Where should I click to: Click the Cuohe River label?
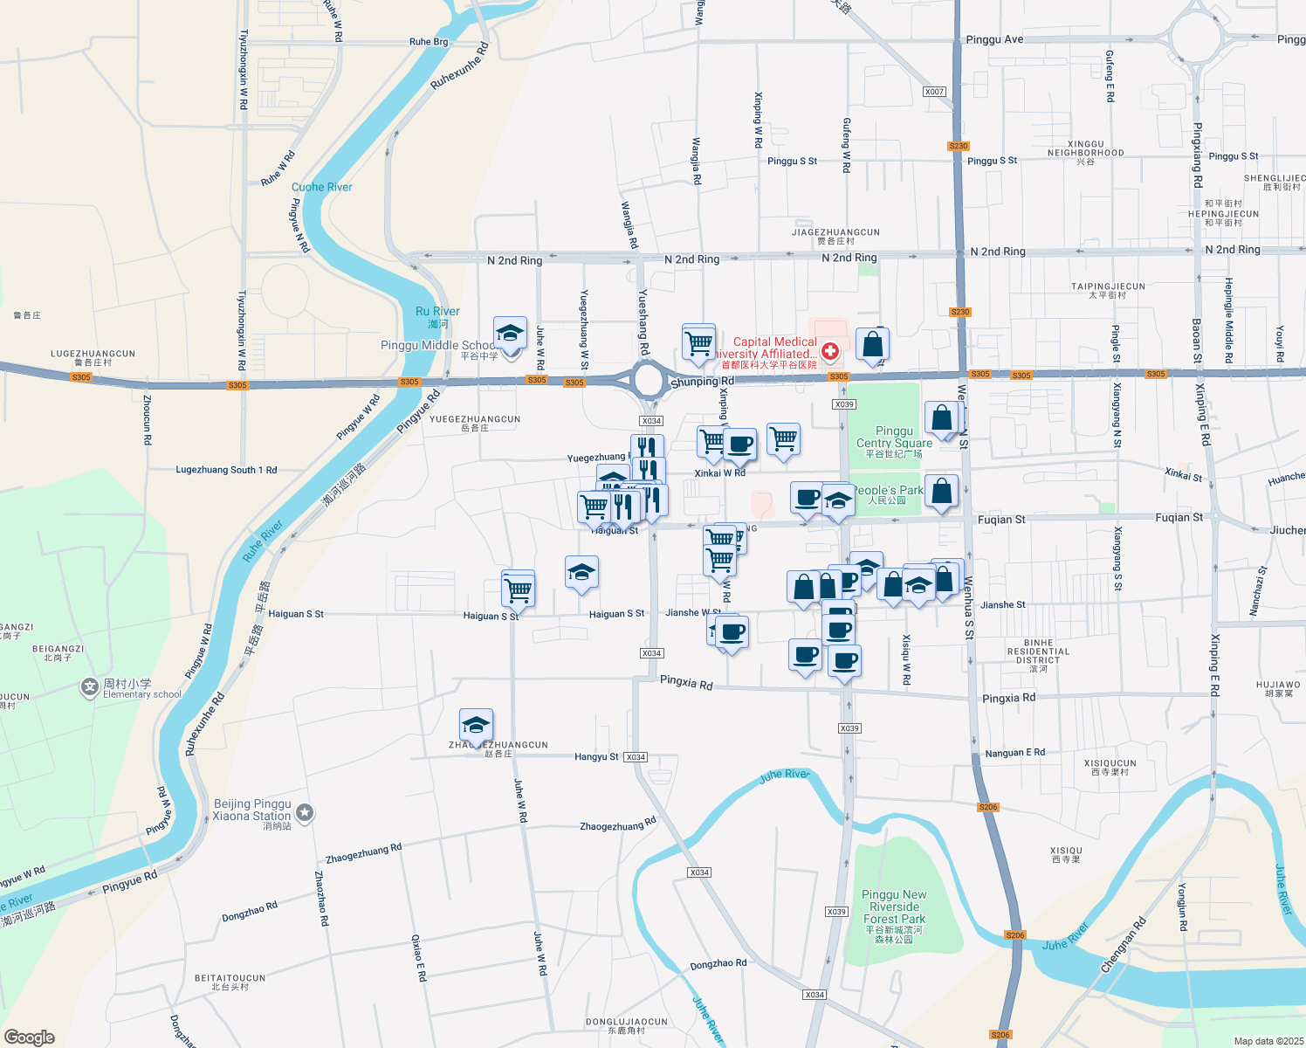321,187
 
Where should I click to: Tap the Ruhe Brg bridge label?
428,42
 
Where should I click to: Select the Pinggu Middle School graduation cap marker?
510,334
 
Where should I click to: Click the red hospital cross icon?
829,351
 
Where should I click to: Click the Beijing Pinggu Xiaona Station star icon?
305,814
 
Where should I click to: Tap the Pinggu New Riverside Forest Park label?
894,913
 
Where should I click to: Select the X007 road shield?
934,92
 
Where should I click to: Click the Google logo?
30,1038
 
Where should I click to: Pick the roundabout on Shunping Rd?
649,380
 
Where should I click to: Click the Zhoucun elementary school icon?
89,688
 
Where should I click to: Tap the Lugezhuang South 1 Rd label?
226,470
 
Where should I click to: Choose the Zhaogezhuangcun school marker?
476,726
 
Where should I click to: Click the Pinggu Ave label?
994,39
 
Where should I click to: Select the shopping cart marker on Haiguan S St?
519,589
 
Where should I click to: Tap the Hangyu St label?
596,757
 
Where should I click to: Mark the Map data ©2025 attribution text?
1268,1041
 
